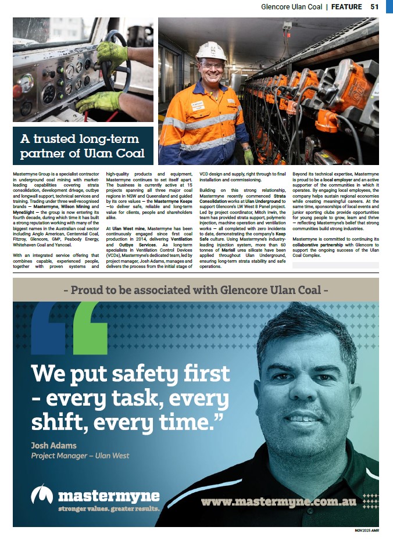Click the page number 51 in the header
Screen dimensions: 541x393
click(374, 8)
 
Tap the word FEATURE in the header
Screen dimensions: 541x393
click(347, 8)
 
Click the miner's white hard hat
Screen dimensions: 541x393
click(210, 51)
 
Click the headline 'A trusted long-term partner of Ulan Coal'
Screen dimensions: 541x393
click(83, 146)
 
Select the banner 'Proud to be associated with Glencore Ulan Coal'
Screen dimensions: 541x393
click(196, 289)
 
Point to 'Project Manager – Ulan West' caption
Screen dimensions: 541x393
click(80, 456)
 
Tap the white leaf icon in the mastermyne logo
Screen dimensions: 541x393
click(42, 495)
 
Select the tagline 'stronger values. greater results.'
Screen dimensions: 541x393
click(109, 508)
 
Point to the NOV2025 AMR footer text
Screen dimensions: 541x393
click(366, 531)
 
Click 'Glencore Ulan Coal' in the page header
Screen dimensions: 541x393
click(291, 8)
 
